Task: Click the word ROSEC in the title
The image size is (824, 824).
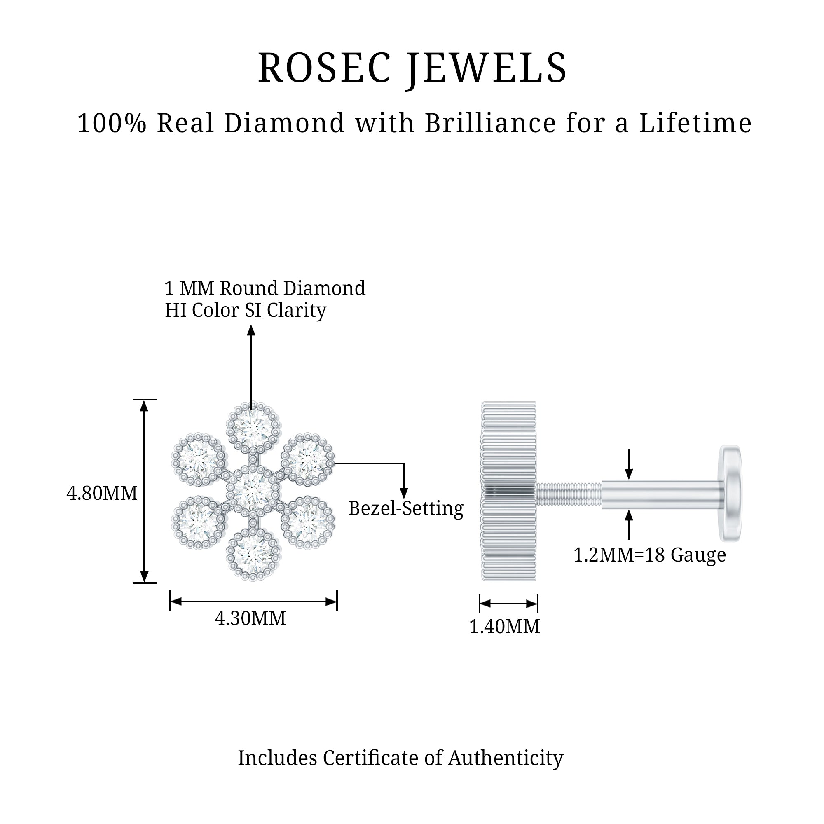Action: [x=324, y=68]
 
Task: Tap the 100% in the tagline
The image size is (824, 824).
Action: [x=112, y=123]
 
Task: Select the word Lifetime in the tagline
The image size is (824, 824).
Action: [x=695, y=123]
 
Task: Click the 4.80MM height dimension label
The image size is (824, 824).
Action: [x=102, y=493]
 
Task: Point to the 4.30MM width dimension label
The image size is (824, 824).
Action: [x=250, y=618]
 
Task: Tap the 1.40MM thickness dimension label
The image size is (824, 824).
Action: [x=505, y=627]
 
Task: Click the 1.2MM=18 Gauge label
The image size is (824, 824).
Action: [x=650, y=555]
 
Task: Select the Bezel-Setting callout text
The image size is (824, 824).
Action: [x=405, y=508]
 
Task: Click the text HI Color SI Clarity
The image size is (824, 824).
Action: [x=246, y=311]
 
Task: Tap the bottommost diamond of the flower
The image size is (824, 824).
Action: [x=253, y=555]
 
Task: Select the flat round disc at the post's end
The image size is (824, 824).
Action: [x=730, y=493]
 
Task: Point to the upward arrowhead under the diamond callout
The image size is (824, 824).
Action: [x=251, y=330]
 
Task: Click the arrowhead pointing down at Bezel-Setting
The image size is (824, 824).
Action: [x=403, y=493]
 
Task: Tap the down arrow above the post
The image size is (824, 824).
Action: [x=629, y=473]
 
